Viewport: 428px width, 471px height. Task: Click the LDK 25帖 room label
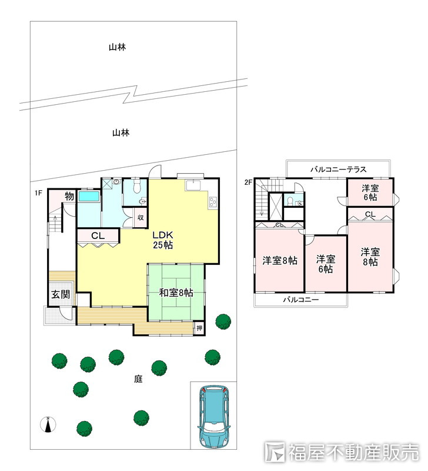163,240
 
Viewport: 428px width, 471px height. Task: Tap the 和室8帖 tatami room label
176,292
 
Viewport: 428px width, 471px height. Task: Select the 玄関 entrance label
61,294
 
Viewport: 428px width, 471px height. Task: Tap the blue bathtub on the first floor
89,197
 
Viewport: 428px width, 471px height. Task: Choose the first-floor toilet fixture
137,186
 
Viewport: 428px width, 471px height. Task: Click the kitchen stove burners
213,201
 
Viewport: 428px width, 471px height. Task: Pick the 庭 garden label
138,379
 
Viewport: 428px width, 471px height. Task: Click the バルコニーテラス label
338,170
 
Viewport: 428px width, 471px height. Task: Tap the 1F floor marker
38,193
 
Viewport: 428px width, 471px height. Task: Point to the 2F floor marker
248,182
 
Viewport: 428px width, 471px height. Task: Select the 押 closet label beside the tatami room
199,328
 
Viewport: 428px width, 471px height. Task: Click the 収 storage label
141,217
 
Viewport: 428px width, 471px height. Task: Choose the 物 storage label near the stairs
69,196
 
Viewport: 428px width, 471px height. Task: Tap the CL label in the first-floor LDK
98,236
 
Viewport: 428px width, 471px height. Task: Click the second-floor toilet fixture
290,201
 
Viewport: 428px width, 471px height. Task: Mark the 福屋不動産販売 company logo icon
275,452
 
